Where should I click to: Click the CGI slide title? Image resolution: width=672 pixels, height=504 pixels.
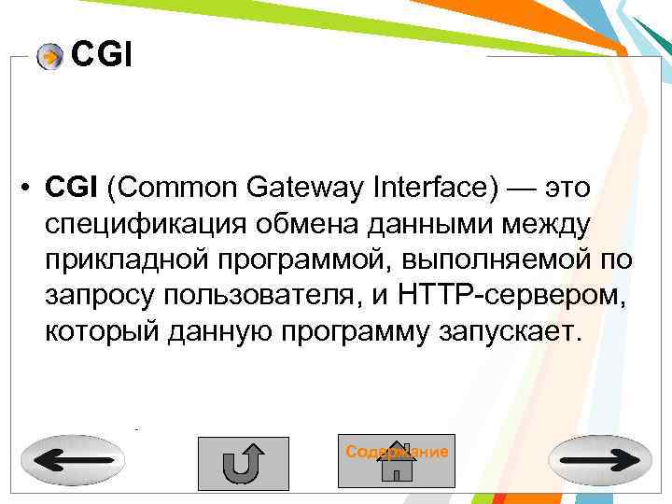pos(102,57)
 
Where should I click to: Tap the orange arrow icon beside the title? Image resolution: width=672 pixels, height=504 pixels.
pos(50,58)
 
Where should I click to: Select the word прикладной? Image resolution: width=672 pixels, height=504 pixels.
pos(126,260)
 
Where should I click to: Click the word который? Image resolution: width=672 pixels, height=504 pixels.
pos(99,332)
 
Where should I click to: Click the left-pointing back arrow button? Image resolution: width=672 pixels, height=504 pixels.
pos(70,460)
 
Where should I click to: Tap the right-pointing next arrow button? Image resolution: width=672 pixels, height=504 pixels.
pos(601,460)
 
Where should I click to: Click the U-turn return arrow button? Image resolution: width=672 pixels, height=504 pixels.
pos(243,462)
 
